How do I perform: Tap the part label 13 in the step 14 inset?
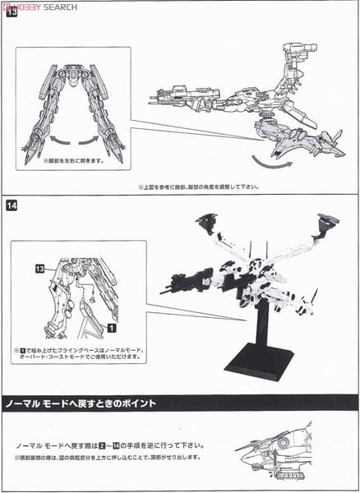[39, 269]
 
